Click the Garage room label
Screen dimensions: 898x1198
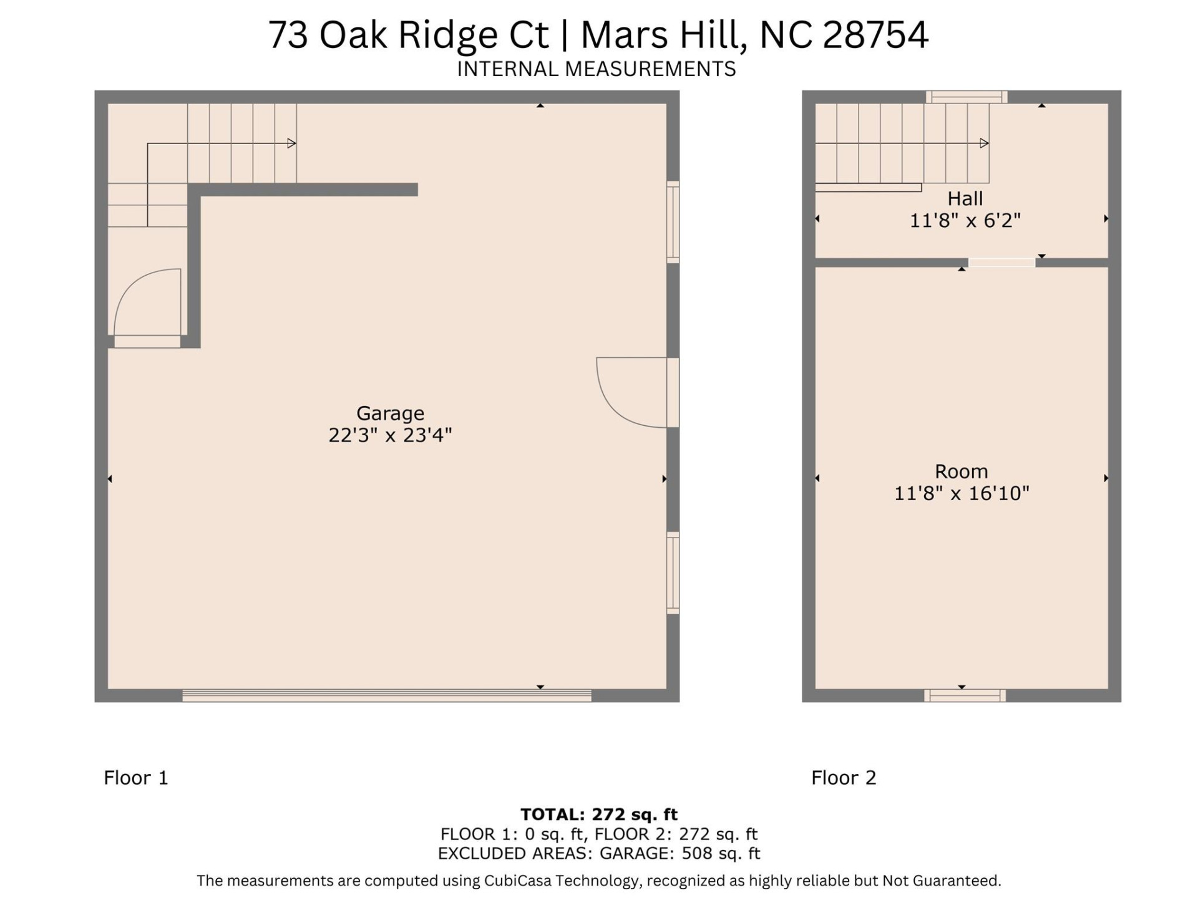[x=390, y=413]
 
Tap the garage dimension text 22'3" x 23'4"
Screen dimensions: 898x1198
[x=390, y=435]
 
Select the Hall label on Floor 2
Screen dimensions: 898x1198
[x=965, y=198]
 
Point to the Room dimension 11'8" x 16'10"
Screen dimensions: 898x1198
[x=961, y=493]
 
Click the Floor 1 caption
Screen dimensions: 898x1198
[x=136, y=778]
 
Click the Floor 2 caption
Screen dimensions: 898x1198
[x=844, y=778]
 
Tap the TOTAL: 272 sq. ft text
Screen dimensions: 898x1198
[x=599, y=814]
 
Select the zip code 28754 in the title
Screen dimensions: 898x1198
[x=875, y=35]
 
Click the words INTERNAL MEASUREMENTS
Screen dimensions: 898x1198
[x=597, y=69]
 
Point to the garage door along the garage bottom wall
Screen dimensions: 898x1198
[x=387, y=695]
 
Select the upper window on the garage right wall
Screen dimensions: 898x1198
[x=673, y=222]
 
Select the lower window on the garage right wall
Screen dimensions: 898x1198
[x=673, y=572]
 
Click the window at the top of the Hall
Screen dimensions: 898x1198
[x=967, y=97]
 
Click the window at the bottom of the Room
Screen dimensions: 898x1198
[x=965, y=695]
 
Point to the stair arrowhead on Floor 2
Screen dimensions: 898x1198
[x=984, y=143]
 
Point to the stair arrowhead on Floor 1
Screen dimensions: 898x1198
[x=291, y=143]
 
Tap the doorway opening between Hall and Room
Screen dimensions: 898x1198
[x=1001, y=263]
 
